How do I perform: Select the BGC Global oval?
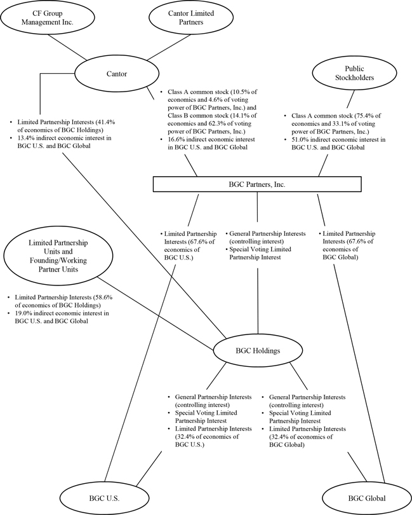click(x=363, y=498)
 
